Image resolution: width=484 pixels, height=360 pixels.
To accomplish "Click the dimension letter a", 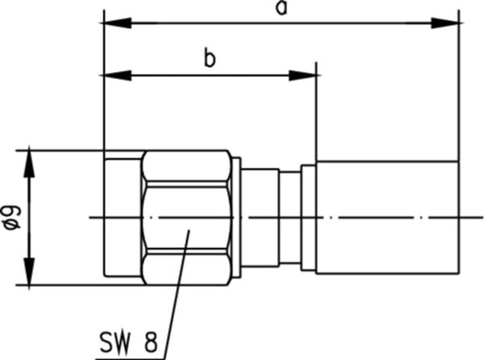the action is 282,8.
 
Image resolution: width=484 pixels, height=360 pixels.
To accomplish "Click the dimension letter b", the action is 210,57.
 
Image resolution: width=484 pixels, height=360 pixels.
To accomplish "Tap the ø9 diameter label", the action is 12,218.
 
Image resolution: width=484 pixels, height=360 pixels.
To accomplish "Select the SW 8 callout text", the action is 128,342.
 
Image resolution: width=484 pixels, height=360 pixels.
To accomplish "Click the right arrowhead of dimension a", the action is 445,23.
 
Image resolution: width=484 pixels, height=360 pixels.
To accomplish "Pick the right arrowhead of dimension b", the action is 302,75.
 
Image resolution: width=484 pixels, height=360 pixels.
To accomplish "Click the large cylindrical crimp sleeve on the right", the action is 387,217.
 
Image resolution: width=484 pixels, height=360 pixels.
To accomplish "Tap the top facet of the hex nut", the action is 187,165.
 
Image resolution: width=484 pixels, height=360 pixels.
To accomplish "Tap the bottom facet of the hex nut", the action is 187,269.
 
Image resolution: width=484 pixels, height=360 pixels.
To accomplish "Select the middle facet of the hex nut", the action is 187,218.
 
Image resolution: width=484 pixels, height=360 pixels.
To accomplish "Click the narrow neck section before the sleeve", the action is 290,217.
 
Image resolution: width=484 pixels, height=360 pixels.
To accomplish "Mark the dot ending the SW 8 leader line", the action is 189,230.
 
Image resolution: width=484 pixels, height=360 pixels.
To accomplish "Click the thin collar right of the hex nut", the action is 236,218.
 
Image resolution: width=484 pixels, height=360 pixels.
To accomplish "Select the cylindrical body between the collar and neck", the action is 260,217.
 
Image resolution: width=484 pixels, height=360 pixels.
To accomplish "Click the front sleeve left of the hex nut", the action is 123,217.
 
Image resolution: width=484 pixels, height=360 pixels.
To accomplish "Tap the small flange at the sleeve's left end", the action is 308,218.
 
